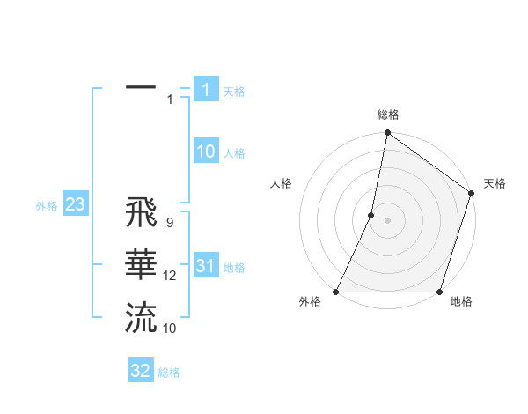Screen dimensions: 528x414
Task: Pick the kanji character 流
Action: tap(141, 317)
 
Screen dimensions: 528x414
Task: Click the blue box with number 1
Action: tap(206, 89)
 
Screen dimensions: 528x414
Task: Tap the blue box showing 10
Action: tap(206, 152)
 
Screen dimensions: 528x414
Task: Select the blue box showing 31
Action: tap(206, 266)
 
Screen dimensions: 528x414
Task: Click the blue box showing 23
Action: tap(75, 204)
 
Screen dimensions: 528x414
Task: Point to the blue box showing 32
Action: tap(141, 371)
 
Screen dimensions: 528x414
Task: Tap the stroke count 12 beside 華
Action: tap(170, 276)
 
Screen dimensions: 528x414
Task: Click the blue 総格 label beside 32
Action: tap(169, 373)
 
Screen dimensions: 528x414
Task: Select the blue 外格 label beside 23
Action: tap(47, 206)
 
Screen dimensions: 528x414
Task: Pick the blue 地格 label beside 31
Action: tap(234, 268)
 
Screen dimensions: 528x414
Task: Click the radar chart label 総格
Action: tap(387, 115)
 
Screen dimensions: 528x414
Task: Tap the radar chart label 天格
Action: tap(495, 183)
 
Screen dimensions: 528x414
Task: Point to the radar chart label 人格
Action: tap(281, 183)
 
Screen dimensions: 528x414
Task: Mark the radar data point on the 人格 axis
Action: tap(371, 215)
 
